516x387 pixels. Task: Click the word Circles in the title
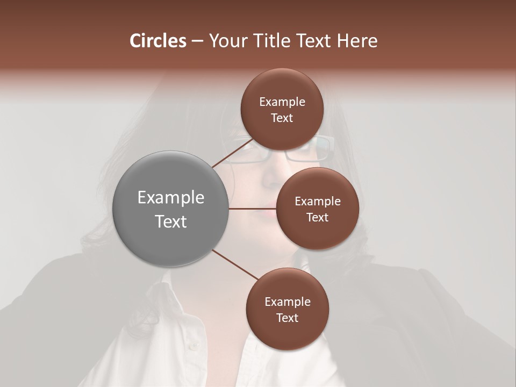coord(157,41)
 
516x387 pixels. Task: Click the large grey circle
coord(170,209)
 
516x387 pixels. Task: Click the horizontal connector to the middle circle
coord(253,209)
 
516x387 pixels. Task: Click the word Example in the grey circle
coord(170,198)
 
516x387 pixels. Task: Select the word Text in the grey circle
coord(170,221)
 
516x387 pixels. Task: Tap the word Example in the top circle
coord(282,102)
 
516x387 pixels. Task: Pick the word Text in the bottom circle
coord(287,318)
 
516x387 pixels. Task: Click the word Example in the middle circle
coord(318,202)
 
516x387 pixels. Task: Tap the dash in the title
coord(197,41)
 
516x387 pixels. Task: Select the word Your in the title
coord(226,41)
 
